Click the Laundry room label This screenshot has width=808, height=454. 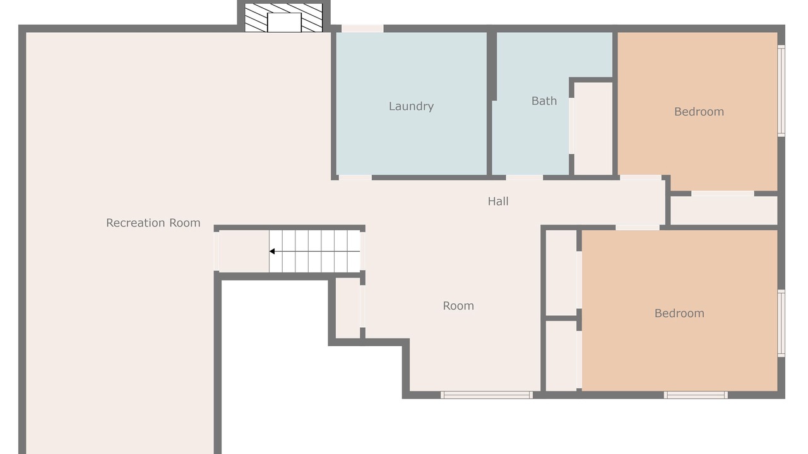411,107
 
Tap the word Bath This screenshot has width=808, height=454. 544,101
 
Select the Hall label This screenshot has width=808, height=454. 498,201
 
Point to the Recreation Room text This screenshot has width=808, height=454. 153,223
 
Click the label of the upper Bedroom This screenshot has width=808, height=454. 699,112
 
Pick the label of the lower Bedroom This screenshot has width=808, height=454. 680,313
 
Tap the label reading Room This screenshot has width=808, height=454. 458,306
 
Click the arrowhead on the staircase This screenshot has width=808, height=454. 272,252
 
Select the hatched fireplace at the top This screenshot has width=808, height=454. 283,18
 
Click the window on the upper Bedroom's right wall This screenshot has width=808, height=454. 781,91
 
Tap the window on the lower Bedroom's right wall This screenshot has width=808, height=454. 781,323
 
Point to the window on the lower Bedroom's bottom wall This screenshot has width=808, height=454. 696,395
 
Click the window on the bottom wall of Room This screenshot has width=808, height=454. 487,395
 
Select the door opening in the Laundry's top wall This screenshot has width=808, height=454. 362,28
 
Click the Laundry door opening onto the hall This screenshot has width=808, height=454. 355,178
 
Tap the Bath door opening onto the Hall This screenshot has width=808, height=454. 525,178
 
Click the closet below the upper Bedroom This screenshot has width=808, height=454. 724,211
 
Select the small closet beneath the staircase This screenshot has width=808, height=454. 348,308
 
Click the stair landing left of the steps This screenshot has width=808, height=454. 244,252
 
